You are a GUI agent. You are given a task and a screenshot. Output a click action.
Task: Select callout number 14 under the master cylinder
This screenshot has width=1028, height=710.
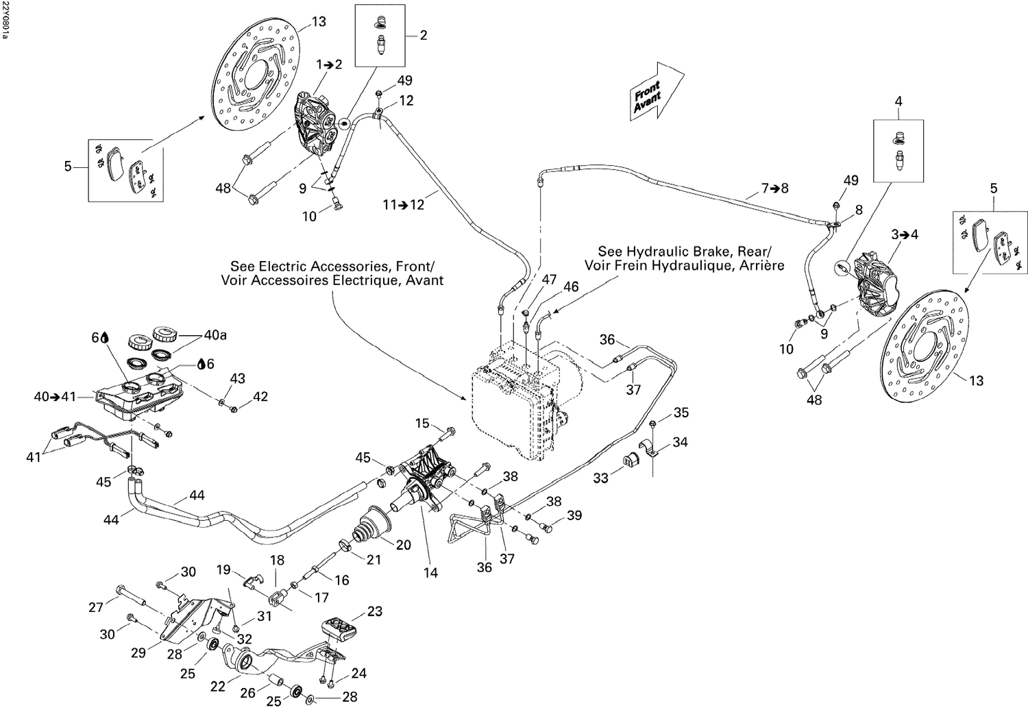tap(430, 573)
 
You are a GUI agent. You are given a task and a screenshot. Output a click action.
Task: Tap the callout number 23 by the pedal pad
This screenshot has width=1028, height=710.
tap(374, 611)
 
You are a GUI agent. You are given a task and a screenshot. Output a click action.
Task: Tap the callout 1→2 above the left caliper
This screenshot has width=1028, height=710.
tap(329, 64)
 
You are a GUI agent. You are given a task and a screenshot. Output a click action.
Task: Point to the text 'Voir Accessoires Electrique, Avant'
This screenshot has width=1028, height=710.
tap(332, 280)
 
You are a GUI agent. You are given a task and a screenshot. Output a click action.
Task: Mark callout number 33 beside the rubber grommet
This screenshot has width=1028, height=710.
tap(600, 477)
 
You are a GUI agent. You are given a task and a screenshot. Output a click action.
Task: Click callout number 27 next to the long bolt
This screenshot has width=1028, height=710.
tap(95, 607)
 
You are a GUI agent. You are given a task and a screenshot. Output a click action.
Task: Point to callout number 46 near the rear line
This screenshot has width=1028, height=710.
tap(571, 287)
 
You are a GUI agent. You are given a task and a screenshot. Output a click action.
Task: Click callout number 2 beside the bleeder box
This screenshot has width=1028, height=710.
tap(423, 35)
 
